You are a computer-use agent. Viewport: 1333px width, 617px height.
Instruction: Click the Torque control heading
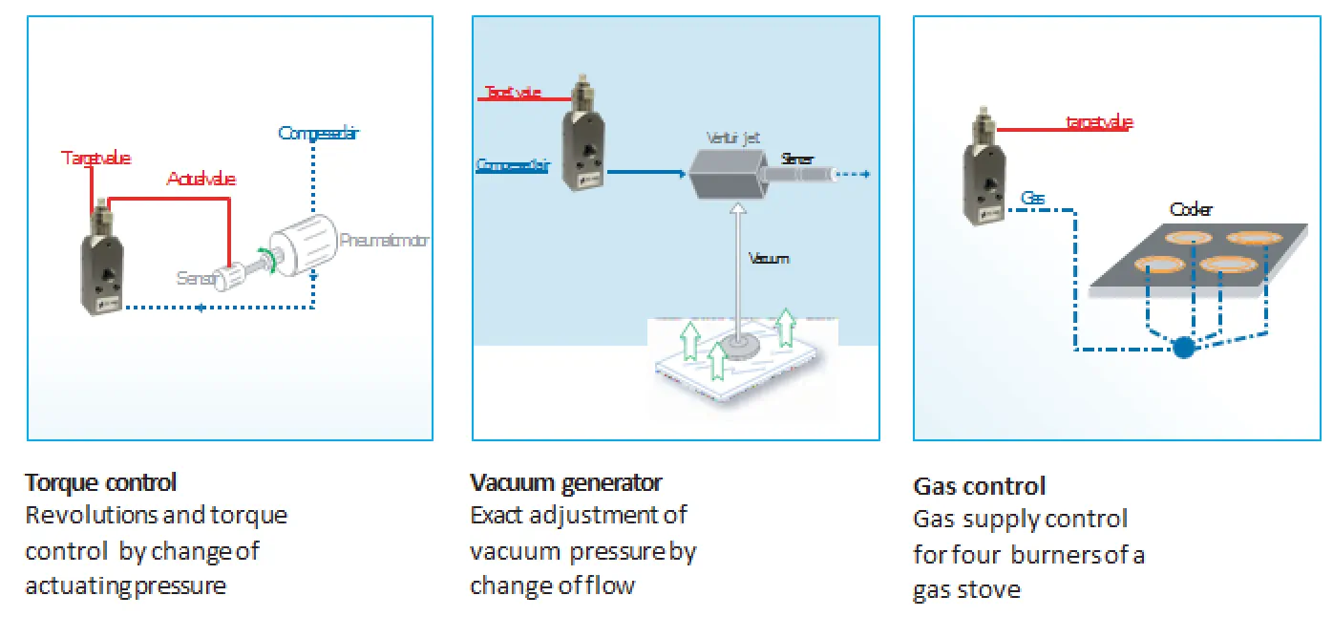(x=100, y=482)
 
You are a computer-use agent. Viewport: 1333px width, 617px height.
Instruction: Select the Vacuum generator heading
(x=565, y=482)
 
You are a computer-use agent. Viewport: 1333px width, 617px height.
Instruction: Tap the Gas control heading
(x=979, y=486)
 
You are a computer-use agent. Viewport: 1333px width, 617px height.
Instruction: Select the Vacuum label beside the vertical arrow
(x=770, y=258)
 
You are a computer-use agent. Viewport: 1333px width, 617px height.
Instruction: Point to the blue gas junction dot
(x=1183, y=348)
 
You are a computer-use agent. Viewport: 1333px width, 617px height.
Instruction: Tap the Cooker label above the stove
(x=1190, y=209)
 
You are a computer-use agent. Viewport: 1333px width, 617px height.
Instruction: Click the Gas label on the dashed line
(x=1032, y=199)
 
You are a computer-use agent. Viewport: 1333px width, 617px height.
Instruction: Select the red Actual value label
(x=201, y=179)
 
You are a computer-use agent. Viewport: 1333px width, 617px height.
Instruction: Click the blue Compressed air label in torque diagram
(x=318, y=133)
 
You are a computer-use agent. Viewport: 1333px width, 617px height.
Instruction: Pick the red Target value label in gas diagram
(x=1098, y=121)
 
